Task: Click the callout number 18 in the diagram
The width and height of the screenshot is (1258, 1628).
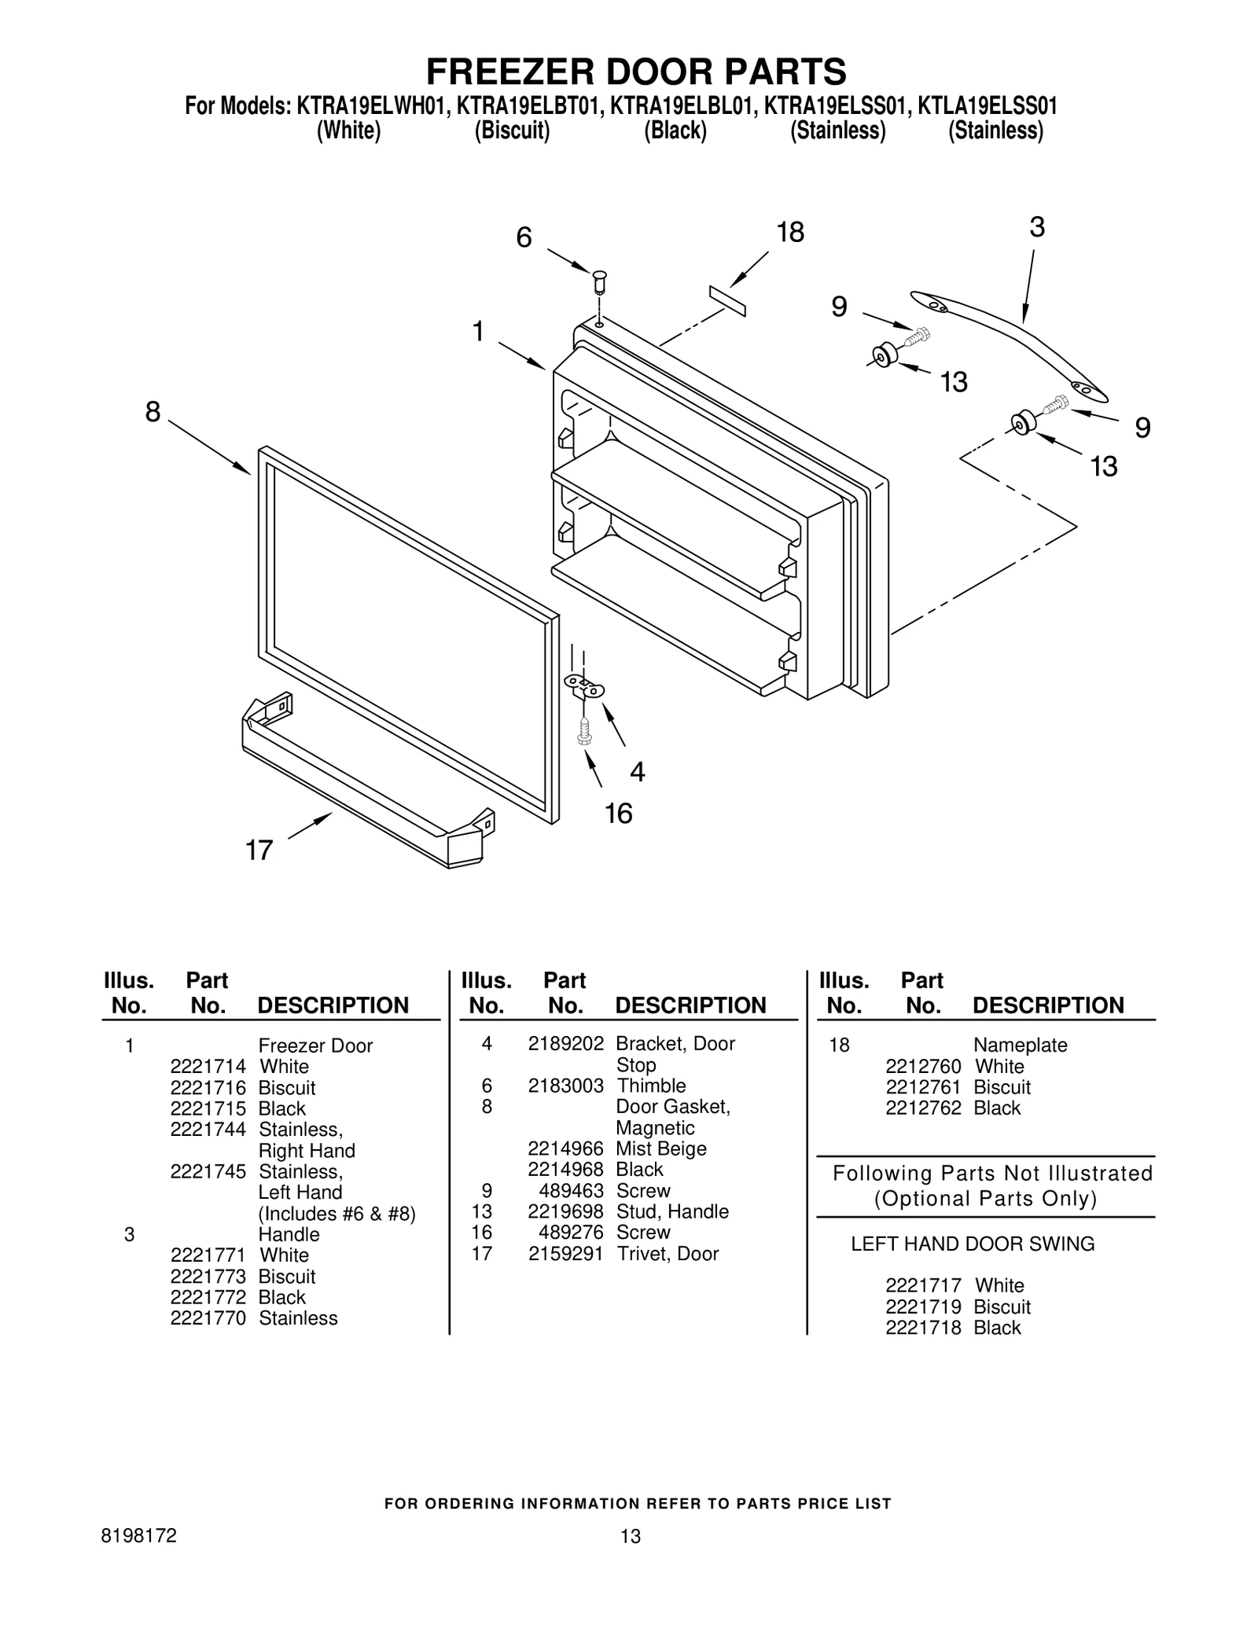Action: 790,233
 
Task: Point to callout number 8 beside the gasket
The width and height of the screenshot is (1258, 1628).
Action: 153,411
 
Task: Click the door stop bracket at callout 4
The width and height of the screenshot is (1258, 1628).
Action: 584,686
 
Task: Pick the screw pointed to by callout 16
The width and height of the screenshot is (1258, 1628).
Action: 583,730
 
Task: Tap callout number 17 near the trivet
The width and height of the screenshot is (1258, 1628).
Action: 259,850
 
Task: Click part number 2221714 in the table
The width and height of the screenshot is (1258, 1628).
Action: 208,1067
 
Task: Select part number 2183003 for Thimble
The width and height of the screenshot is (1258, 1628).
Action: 565,1086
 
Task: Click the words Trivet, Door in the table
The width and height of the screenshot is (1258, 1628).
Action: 668,1254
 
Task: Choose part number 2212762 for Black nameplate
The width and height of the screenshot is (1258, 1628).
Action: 923,1108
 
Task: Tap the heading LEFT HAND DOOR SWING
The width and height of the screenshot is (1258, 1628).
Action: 973,1244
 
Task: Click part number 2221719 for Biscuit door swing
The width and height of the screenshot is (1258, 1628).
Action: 923,1306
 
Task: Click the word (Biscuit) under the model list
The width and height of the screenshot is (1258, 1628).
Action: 512,130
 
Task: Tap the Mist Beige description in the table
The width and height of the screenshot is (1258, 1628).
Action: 661,1148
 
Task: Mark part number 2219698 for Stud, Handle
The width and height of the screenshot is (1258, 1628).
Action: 565,1211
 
